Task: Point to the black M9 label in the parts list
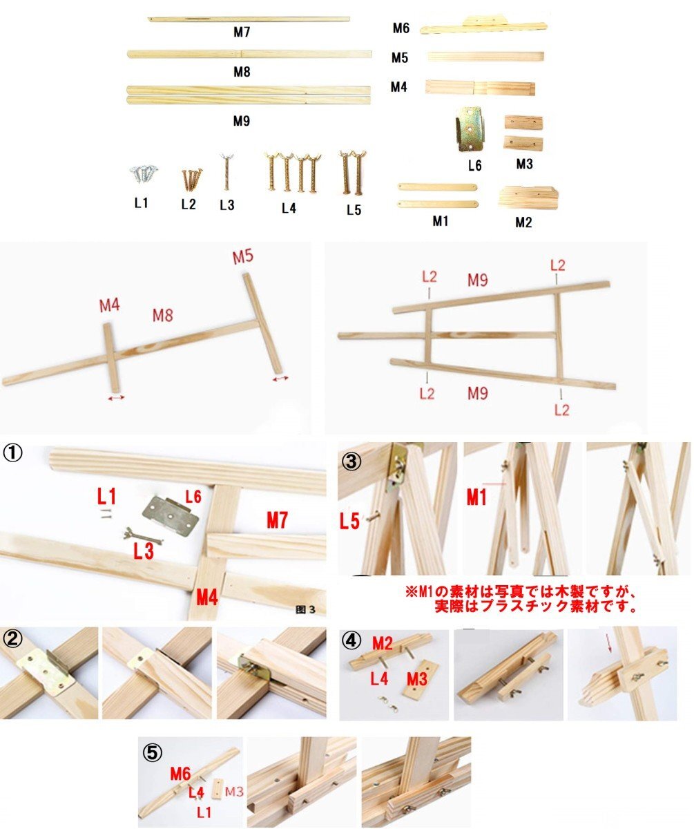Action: click(x=241, y=121)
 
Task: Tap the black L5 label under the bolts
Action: click(x=354, y=210)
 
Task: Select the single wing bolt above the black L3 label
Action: click(x=226, y=171)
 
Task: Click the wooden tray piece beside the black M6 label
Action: click(x=483, y=26)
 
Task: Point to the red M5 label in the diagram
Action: click(x=242, y=257)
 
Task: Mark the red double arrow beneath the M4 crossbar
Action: click(x=115, y=398)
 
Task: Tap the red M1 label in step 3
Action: click(x=476, y=497)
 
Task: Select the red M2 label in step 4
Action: click(x=384, y=643)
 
